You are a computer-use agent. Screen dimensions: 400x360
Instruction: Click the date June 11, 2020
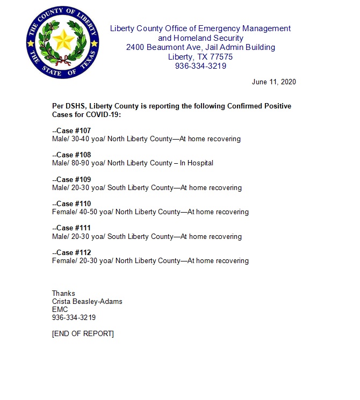(x=273, y=82)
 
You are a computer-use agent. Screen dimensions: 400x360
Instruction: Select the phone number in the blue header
(x=200, y=66)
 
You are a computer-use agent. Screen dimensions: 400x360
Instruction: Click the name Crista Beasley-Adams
(x=87, y=301)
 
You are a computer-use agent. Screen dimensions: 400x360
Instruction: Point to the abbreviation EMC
(x=60, y=309)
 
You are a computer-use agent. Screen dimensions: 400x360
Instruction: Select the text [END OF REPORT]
(x=83, y=333)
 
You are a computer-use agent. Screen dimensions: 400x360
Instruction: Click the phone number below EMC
(x=74, y=317)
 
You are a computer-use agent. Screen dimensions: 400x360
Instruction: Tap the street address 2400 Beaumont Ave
(x=159, y=47)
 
